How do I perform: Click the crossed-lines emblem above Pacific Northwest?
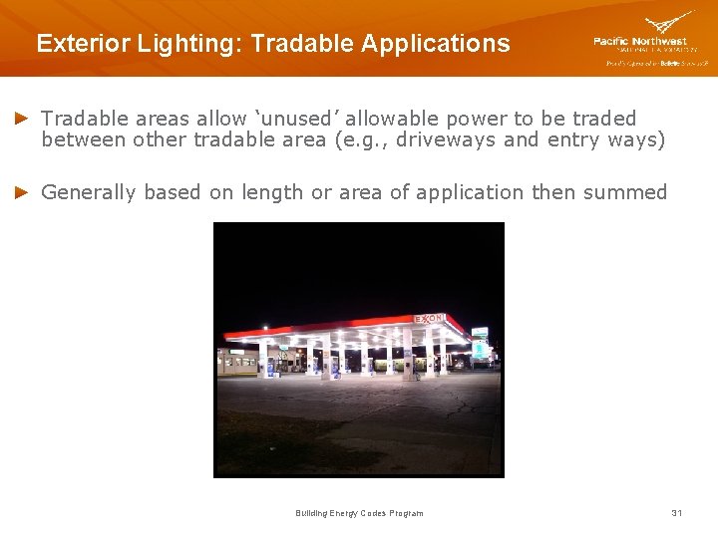coord(669,22)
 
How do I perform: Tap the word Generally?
coord(90,192)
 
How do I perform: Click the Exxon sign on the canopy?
coord(430,319)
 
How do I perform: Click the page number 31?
coord(677,513)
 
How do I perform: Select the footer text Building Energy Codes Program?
coord(359,513)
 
